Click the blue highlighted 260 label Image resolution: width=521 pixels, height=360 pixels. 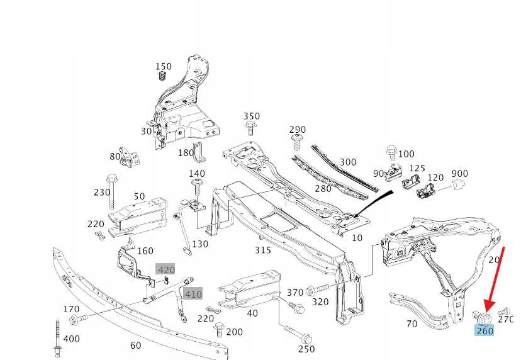[x=485, y=330]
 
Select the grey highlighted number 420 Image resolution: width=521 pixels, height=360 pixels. [x=166, y=270]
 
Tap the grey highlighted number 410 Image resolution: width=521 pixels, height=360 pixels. [x=193, y=293]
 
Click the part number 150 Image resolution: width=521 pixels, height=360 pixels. [x=163, y=67]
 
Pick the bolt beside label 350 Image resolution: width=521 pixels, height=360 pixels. [x=250, y=128]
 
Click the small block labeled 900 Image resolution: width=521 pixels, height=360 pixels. [x=457, y=184]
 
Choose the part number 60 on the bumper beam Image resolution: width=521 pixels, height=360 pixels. [x=135, y=345]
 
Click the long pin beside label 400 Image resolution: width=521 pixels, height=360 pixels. [x=57, y=337]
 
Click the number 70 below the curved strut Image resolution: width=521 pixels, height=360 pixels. [x=412, y=323]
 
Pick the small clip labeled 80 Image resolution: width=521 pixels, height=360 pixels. [x=130, y=157]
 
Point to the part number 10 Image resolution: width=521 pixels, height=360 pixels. [x=357, y=237]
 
